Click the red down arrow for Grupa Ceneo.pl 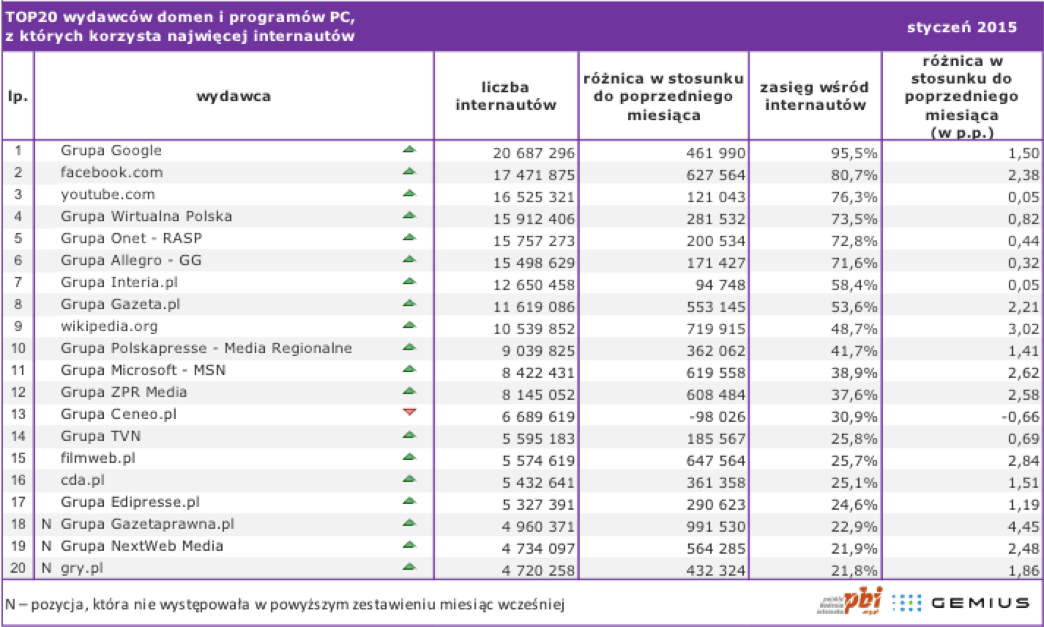click(409, 412)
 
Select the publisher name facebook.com click(112, 172)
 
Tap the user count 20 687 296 click(534, 153)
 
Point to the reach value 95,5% click(854, 153)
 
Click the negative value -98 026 click(717, 416)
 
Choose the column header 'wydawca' click(234, 97)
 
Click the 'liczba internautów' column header click(506, 96)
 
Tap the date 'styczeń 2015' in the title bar click(962, 27)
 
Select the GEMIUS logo click(980, 604)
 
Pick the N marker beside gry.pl click(46, 568)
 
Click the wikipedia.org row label click(110, 327)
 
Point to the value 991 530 click(716, 527)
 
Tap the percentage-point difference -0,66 click(1021, 416)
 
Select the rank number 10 click(18, 348)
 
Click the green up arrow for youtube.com click(409, 193)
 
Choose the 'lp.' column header click(18, 97)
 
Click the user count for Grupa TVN click(538, 439)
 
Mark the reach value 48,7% click(854, 329)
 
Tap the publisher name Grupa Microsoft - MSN click(143, 370)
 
